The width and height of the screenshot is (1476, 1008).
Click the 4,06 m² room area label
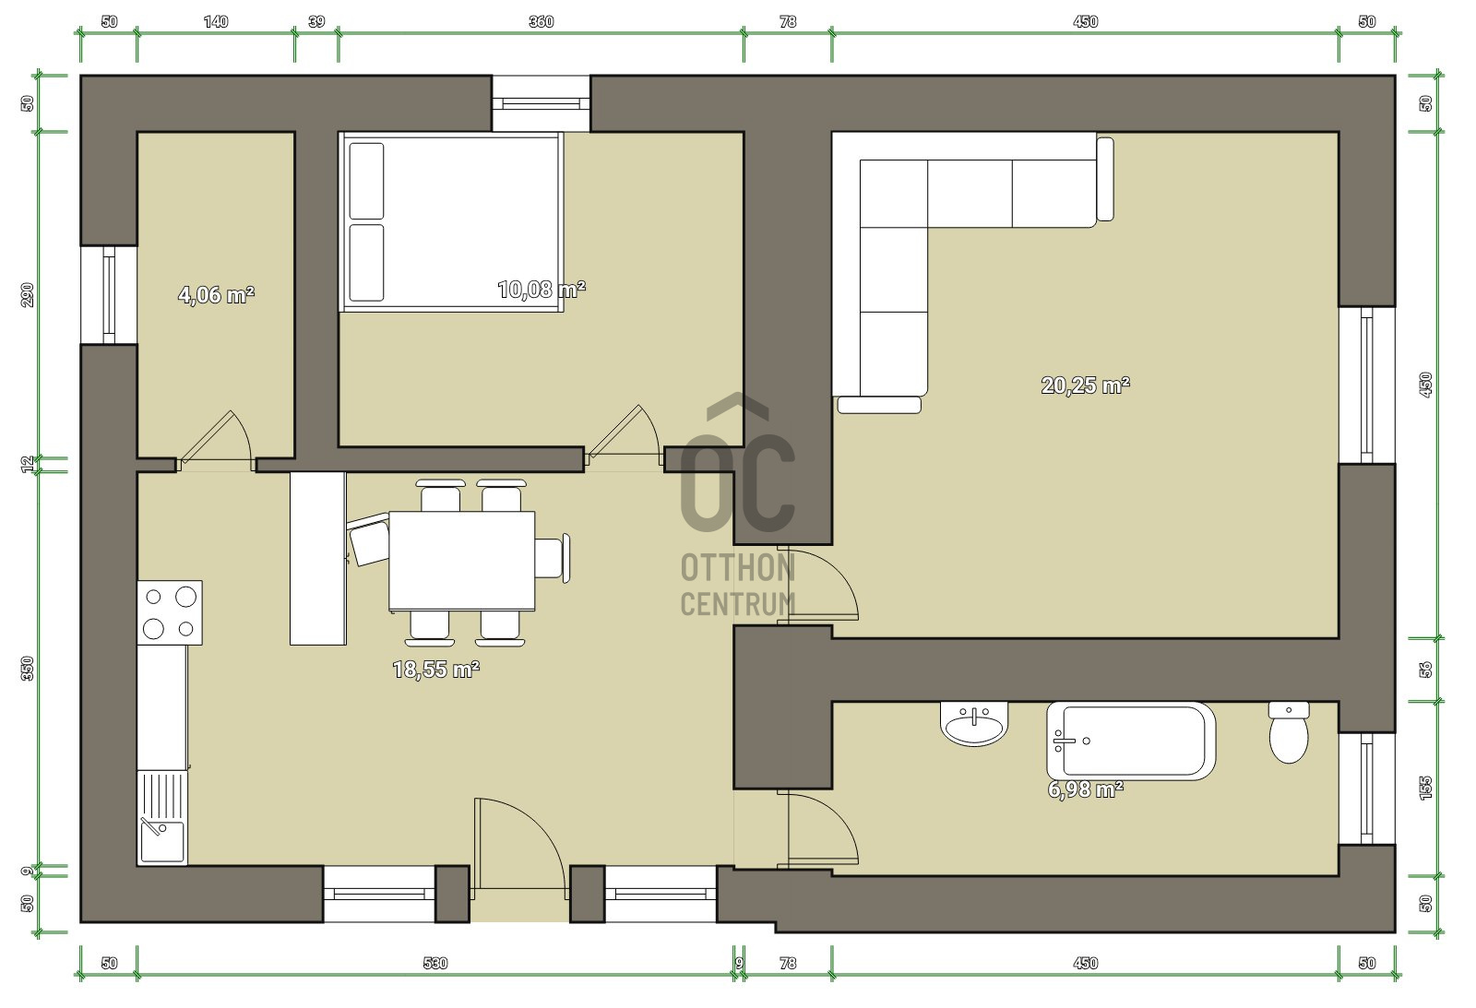(x=216, y=294)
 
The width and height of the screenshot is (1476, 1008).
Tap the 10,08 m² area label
(x=542, y=290)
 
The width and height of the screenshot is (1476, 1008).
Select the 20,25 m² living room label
(x=1085, y=385)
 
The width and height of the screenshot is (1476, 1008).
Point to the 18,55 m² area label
(x=435, y=670)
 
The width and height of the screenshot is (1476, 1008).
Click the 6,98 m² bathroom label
(x=1085, y=789)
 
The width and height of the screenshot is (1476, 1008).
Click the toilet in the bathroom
(x=1289, y=732)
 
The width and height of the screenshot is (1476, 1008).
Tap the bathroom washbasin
(x=974, y=723)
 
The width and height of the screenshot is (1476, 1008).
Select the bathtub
(x=1131, y=741)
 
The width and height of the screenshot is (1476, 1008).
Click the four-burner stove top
(x=170, y=612)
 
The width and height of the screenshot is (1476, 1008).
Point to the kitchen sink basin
(x=161, y=841)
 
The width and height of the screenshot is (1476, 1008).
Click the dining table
(x=461, y=561)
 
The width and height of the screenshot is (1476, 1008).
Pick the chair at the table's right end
(x=553, y=559)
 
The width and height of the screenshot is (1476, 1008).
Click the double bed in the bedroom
(x=451, y=221)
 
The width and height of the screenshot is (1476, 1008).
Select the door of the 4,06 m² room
(x=216, y=440)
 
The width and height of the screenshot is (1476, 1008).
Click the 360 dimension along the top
(x=541, y=22)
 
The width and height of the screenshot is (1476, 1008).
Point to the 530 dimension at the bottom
(x=434, y=963)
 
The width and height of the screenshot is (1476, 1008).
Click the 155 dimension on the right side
(x=1425, y=788)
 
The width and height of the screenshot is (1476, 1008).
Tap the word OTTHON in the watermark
(x=737, y=568)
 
